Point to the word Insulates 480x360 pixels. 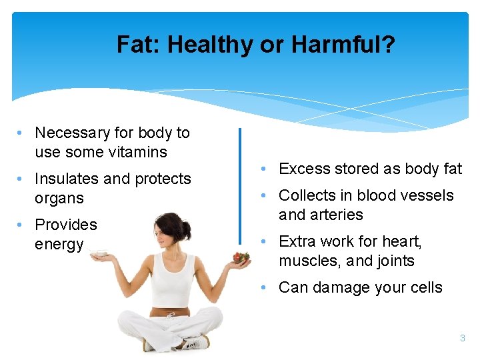(x=67, y=179)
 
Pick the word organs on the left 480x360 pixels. (x=59, y=198)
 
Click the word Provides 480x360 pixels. (x=65, y=225)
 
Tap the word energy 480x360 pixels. (x=59, y=244)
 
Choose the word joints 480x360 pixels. (x=393, y=261)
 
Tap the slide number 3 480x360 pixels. (x=462, y=339)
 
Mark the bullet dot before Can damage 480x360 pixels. (x=265, y=287)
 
